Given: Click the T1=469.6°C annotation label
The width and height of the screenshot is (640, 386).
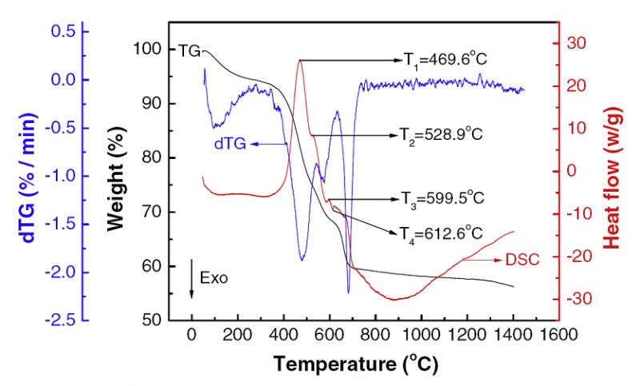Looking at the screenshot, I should pyautogui.click(x=445, y=59).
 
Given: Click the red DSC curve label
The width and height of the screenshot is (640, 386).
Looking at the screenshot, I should pyautogui.click(x=522, y=259).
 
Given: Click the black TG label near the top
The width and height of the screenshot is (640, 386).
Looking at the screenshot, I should pyautogui.click(x=189, y=50).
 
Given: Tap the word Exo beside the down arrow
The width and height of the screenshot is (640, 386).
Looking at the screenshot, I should pyautogui.click(x=214, y=279).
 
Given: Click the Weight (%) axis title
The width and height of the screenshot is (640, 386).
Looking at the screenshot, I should pyautogui.click(x=118, y=185).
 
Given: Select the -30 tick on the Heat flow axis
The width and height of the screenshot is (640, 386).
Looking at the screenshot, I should pyautogui.click(x=577, y=299).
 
